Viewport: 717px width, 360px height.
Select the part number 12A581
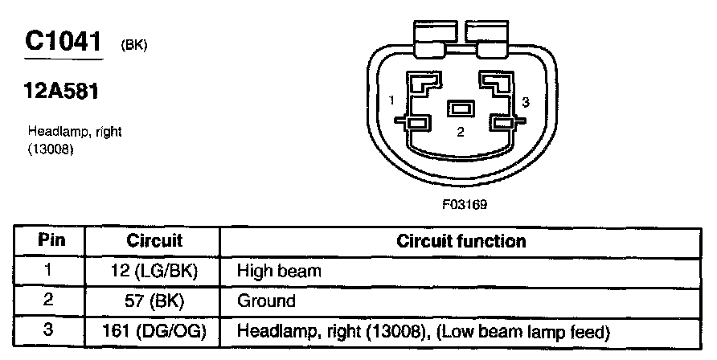click(x=62, y=92)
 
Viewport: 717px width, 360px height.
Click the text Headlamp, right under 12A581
click(x=75, y=131)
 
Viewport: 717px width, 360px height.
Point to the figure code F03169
click(x=464, y=204)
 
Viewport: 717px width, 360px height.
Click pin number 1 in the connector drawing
click(x=391, y=100)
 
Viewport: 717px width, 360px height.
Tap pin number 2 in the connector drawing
click(x=461, y=133)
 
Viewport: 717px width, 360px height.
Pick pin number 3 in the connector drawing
click(x=525, y=102)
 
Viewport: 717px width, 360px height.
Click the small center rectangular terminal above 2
click(x=461, y=108)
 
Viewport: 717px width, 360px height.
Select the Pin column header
click(x=51, y=240)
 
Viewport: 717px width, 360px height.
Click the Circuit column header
click(x=155, y=240)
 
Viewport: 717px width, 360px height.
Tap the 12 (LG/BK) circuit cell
click(x=155, y=271)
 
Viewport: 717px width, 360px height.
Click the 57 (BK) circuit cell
click(x=155, y=301)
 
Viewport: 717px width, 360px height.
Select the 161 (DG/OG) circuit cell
click(x=155, y=331)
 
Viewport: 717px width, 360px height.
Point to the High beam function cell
click(x=278, y=271)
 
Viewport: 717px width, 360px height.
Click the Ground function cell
click(x=266, y=301)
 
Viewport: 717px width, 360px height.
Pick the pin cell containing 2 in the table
click(x=50, y=301)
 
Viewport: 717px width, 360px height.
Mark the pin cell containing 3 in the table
click(x=50, y=331)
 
